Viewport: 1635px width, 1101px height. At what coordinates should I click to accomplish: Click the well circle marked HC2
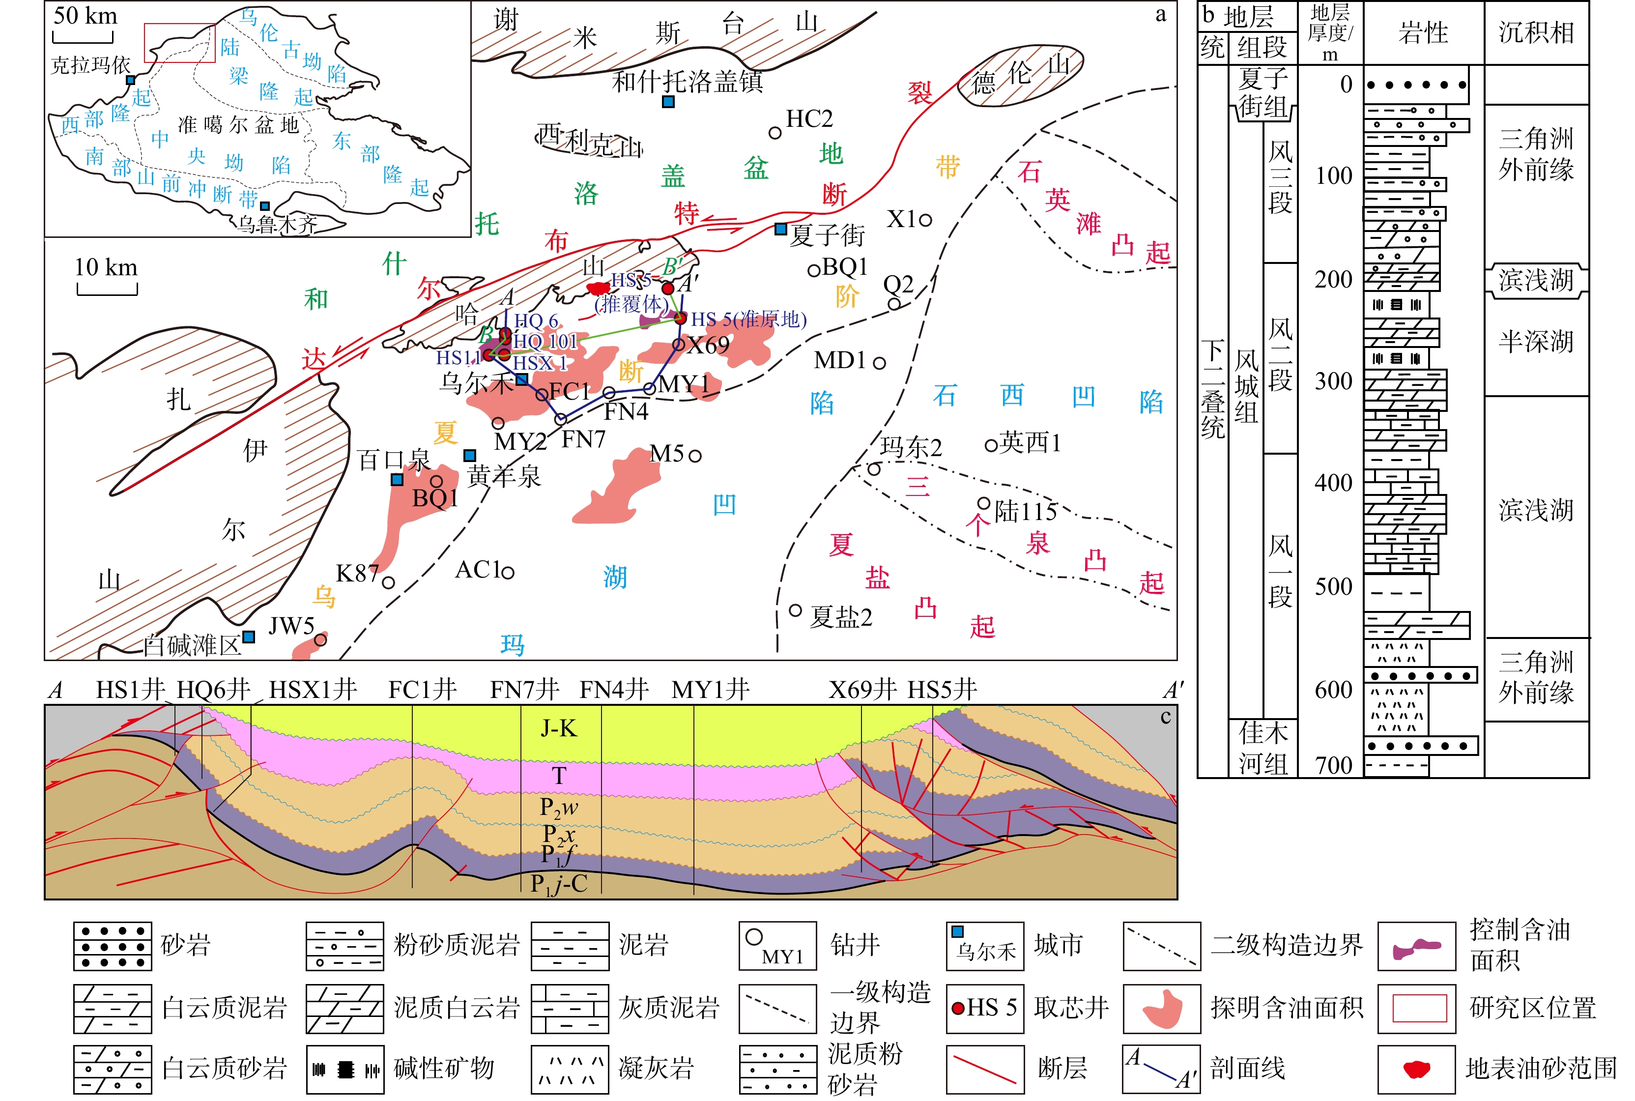(x=775, y=132)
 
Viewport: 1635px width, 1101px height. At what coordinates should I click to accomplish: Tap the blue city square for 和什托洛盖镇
(x=668, y=102)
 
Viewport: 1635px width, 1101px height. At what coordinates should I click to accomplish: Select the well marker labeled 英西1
(x=991, y=444)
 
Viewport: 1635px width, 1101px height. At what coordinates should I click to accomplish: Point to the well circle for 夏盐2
(x=796, y=609)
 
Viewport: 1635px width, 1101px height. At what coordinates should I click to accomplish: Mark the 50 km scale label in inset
(x=86, y=15)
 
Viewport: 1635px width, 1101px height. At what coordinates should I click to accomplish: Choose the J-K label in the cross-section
(x=559, y=728)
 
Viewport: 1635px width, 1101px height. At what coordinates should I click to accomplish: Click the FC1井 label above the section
(x=422, y=690)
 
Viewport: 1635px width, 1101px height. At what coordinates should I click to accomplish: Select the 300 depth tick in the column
(x=1334, y=381)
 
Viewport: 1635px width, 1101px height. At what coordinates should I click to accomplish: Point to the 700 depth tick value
(x=1334, y=765)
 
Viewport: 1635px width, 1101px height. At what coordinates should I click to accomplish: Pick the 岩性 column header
(x=1423, y=33)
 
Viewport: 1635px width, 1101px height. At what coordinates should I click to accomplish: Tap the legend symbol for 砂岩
(x=113, y=946)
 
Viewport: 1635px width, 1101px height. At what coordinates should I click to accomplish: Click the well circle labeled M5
(x=695, y=456)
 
